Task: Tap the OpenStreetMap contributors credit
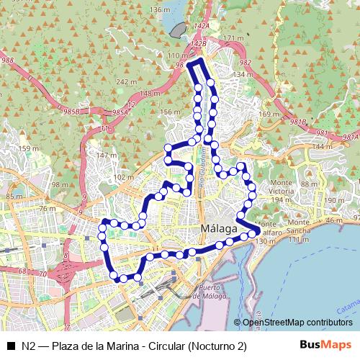pyautogui.click(x=297, y=323)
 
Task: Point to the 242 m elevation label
pyautogui.click(x=127, y=82)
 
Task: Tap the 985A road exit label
pyautogui.click(x=121, y=113)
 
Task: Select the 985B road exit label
pyautogui.click(x=71, y=112)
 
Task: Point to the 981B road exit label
pyautogui.click(x=299, y=122)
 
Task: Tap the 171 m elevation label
pyautogui.click(x=235, y=38)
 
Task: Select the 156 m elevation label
pyautogui.click(x=169, y=112)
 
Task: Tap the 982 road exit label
pyautogui.click(x=244, y=63)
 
